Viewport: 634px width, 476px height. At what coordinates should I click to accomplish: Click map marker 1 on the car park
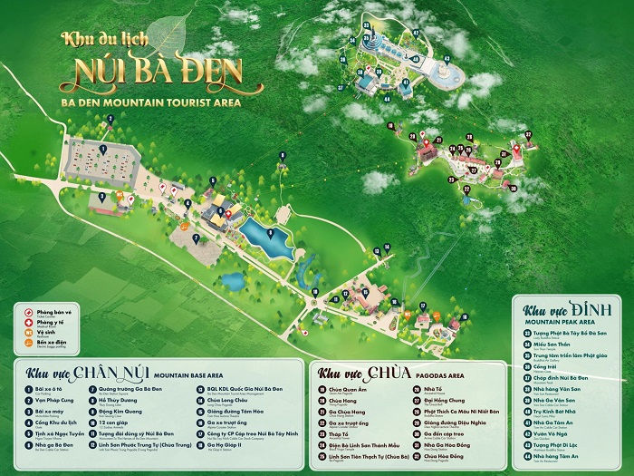coord(102,147)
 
